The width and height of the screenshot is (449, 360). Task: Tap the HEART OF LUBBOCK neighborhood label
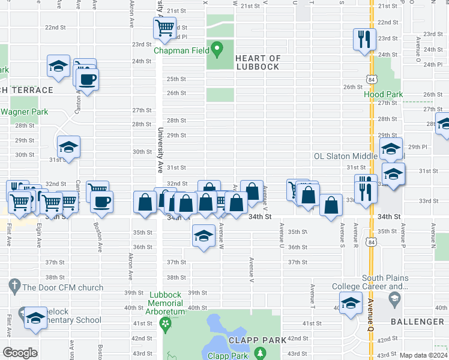(x=258, y=62)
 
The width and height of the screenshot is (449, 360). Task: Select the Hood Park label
(x=383, y=94)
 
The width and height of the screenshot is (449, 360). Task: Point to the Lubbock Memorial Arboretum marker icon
(x=166, y=324)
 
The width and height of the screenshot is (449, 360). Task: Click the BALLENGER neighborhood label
(x=418, y=322)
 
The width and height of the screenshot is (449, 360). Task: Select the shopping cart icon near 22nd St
(x=164, y=28)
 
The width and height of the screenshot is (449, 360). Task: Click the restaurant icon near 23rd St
(x=364, y=40)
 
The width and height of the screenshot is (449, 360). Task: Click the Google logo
(x=20, y=353)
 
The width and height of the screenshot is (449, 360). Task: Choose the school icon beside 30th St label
(x=69, y=147)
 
